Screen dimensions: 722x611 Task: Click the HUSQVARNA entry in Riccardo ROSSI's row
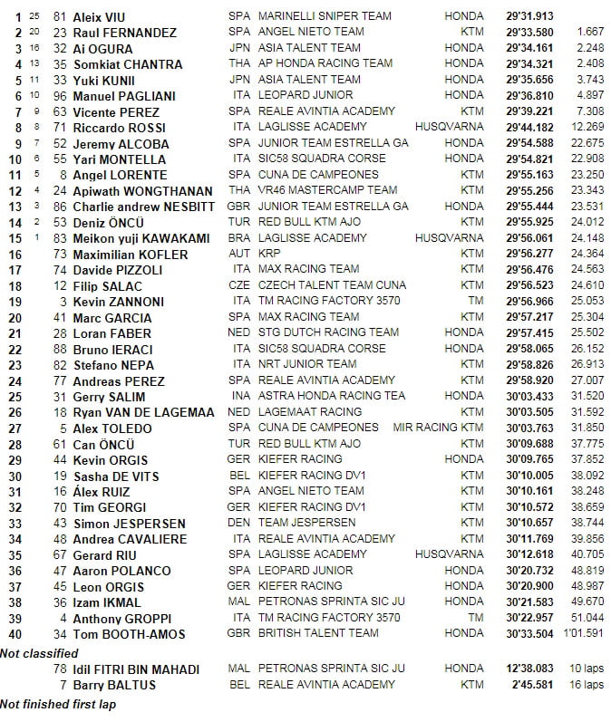pyautogui.click(x=449, y=127)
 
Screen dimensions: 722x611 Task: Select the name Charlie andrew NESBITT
pyautogui.click(x=141, y=207)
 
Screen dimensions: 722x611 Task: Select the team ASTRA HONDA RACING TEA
pyautogui.click(x=332, y=396)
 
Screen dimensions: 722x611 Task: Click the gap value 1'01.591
pyautogui.click(x=583, y=633)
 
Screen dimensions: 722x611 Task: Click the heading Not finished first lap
pyautogui.click(x=58, y=704)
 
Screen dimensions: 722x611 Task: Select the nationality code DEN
pyautogui.click(x=240, y=523)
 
